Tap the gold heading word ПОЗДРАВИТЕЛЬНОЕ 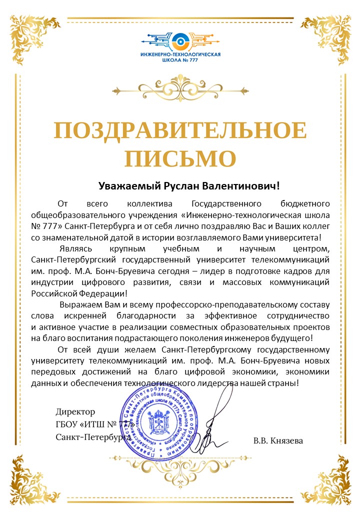coord(180,131)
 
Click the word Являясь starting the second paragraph coord(75,248)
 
